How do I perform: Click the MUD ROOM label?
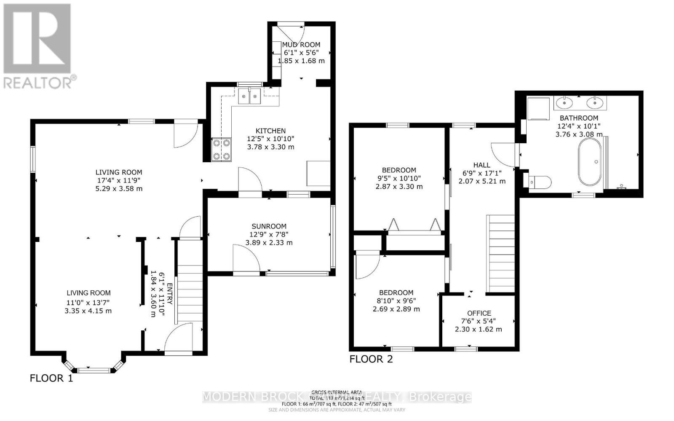point(301,45)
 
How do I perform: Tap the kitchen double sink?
point(250,97)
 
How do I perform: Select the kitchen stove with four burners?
point(222,150)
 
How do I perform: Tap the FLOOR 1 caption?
point(51,378)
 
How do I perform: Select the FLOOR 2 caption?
point(371,359)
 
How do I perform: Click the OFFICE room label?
point(479,313)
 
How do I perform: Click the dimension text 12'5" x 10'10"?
point(270,139)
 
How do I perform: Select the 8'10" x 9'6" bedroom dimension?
point(396,301)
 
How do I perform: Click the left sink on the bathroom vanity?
point(563,102)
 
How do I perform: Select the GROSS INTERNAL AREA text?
point(337,392)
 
